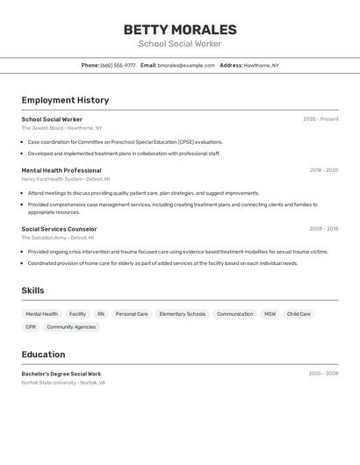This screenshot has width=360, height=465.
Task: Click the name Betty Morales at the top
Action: tap(180, 30)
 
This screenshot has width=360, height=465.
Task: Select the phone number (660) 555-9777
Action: tap(118, 65)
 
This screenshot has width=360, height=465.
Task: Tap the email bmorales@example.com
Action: tap(186, 65)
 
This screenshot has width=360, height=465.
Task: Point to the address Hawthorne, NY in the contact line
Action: tap(262, 65)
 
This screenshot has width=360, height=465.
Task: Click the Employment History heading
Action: tap(65, 100)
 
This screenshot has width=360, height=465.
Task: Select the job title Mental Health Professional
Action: tap(61, 170)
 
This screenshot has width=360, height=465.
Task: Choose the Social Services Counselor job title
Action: tap(59, 229)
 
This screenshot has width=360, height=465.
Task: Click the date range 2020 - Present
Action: tap(320, 119)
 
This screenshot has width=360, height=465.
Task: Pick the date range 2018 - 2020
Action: tap(323, 170)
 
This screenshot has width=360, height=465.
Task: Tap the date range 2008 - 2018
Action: tap(323, 229)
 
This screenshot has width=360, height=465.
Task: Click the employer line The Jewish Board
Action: tap(61, 128)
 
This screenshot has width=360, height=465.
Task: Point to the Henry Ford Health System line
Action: tap(66, 179)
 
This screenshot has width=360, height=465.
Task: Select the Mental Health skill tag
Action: tap(41, 314)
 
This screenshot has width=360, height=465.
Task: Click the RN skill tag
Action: tap(101, 314)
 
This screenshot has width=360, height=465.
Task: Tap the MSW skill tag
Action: tap(270, 314)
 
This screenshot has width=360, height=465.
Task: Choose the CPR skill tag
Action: tap(31, 327)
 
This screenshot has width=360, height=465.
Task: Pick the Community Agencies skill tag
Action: tap(71, 327)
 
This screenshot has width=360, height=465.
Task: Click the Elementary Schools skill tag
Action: tap(183, 314)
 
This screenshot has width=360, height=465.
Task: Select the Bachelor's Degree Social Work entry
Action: tap(61, 374)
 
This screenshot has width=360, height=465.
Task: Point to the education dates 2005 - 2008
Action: tap(323, 374)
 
